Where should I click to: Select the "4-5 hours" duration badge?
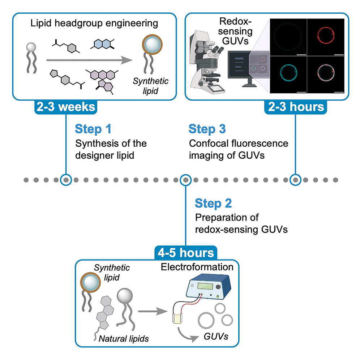185,252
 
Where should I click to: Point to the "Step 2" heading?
213,203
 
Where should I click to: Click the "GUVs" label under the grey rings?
216,336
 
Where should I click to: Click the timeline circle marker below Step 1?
66,179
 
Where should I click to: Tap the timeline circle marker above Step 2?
185,179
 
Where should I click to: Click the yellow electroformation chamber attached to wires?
177,319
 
